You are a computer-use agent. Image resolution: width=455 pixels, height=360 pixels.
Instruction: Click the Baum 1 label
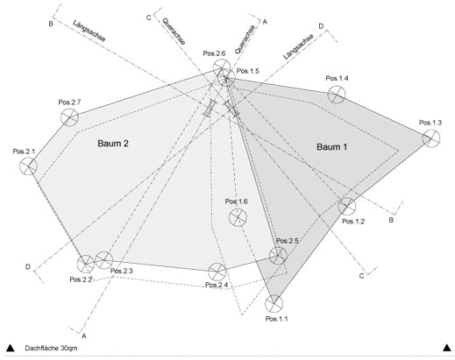331,147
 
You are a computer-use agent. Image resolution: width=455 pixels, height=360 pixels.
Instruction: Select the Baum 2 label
113,144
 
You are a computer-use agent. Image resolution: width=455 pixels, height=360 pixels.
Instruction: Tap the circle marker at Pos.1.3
430,138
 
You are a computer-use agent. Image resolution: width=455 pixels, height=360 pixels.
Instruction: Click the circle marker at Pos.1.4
337,95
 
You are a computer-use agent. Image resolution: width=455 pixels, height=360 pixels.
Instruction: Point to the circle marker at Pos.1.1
274,304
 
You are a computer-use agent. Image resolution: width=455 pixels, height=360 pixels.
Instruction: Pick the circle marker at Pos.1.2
347,206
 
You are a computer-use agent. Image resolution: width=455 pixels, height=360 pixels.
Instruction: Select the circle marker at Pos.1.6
238,217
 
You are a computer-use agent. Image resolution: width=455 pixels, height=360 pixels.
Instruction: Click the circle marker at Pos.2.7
69,117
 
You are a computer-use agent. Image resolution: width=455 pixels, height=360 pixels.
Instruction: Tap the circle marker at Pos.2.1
28,166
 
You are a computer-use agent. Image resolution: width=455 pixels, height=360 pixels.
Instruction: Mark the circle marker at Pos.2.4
217,272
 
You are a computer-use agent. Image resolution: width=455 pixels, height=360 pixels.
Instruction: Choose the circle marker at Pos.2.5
278,256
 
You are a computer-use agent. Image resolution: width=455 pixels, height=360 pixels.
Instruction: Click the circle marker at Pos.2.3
103,260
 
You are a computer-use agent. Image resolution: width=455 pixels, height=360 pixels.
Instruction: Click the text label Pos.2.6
214,53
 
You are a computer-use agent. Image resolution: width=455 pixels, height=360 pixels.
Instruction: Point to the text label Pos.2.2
81,279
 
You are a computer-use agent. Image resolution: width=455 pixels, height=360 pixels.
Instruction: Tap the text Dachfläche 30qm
51,348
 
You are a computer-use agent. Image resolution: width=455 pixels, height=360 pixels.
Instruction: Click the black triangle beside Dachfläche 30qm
11,348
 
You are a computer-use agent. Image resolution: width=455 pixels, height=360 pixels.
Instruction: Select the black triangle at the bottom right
447,348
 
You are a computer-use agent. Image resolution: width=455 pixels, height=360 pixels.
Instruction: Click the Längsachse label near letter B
89,31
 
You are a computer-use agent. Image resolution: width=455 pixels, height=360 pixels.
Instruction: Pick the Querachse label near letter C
174,32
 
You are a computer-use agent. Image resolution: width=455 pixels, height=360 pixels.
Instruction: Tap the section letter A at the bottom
84,336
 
